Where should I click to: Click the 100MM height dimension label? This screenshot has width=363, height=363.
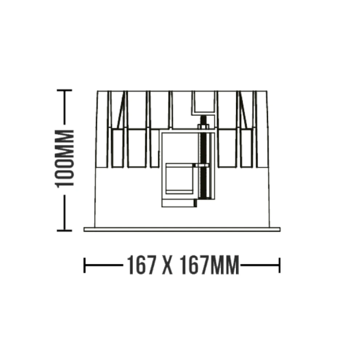tap(64, 159)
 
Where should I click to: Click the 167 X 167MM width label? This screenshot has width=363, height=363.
tap(183, 265)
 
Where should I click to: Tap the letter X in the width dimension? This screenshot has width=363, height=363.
tap(168, 265)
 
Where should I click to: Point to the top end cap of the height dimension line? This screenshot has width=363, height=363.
tap(64, 90)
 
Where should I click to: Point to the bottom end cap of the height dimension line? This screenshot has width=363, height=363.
tap(64, 230)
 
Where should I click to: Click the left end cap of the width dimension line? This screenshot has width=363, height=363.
tap(85, 265)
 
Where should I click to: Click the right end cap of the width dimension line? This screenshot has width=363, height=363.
tap(280, 265)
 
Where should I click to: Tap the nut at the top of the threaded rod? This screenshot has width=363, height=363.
tap(203, 127)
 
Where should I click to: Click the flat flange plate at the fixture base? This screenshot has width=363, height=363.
tap(182, 229)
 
